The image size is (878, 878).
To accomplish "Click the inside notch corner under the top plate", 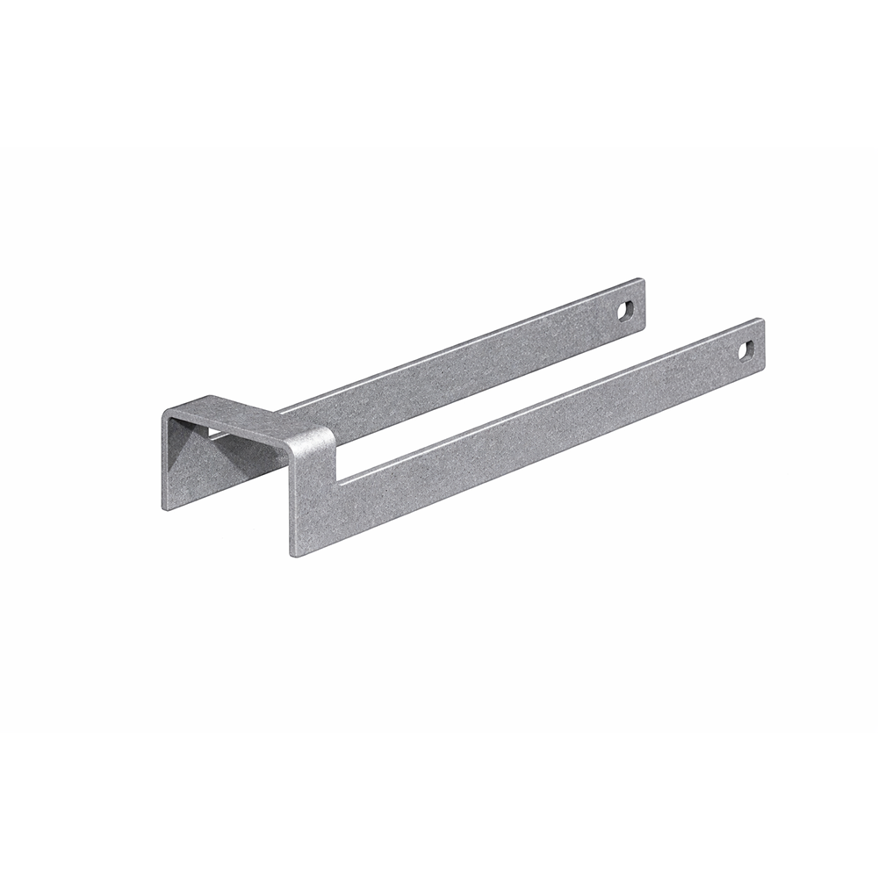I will (340, 480).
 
